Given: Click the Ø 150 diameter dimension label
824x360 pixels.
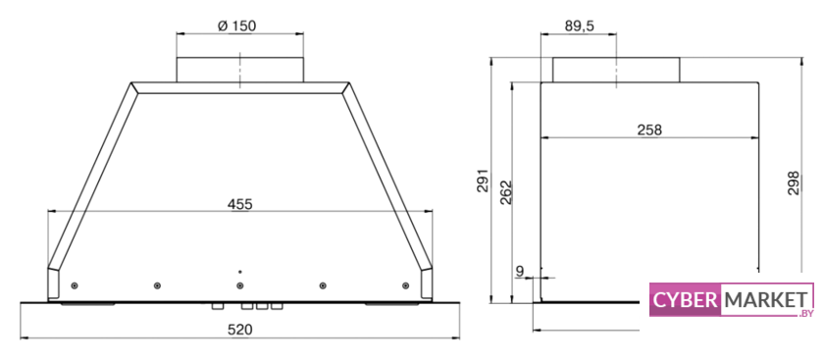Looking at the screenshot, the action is click(x=236, y=26).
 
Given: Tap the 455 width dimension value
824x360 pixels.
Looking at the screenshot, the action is click(x=240, y=204).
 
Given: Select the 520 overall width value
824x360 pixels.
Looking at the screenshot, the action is click(x=240, y=330).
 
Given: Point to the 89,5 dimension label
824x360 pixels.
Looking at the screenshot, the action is click(x=580, y=26).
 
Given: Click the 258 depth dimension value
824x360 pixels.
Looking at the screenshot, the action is click(x=649, y=130).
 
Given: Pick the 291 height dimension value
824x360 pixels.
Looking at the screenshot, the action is click(x=483, y=180).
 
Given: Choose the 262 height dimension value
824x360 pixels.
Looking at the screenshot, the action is click(x=505, y=192).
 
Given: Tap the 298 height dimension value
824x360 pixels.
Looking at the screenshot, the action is click(x=793, y=183).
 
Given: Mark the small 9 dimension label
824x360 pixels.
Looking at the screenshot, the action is click(x=520, y=271).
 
